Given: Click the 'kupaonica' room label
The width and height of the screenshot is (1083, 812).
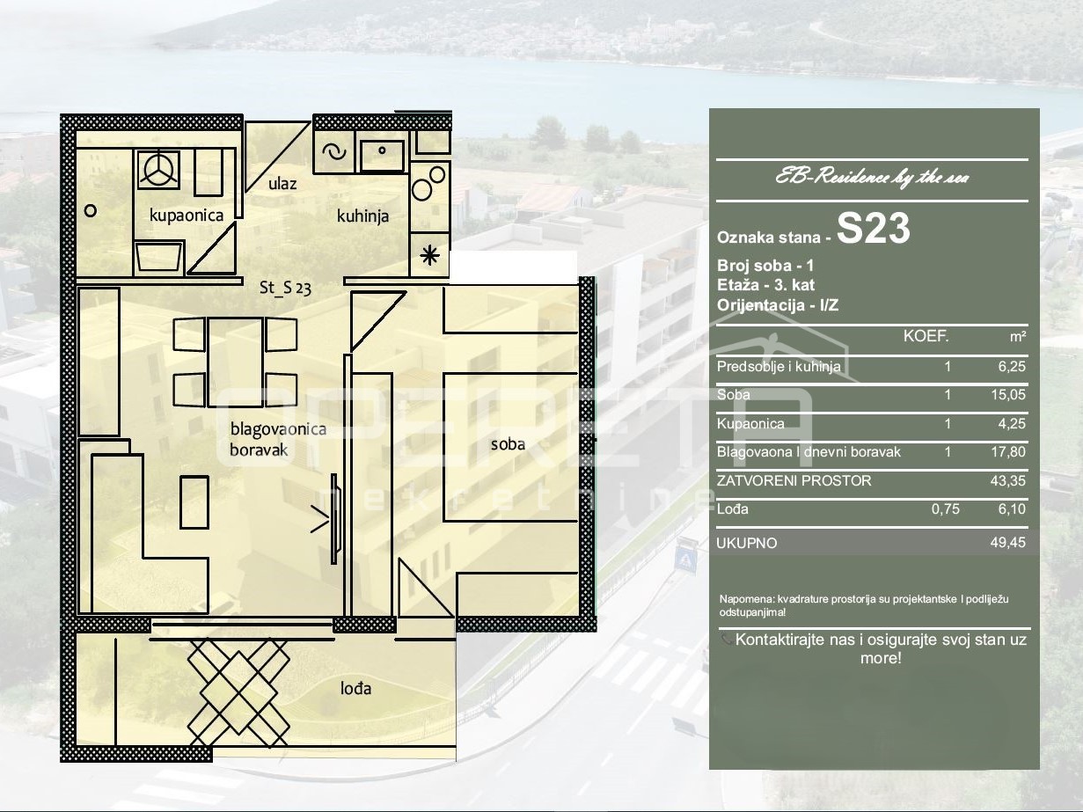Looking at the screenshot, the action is click(187, 216).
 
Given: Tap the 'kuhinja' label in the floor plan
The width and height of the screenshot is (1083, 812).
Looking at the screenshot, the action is click(362, 216).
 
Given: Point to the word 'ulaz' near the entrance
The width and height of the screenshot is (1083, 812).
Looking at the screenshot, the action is click(282, 184).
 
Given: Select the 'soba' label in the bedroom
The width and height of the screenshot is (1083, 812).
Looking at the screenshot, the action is click(508, 444).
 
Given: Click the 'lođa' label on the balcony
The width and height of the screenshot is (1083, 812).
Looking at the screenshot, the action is click(355, 688).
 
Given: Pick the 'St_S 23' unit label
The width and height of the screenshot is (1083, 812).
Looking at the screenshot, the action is click(285, 288).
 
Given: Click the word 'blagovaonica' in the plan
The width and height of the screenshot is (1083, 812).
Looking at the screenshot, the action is click(278, 429).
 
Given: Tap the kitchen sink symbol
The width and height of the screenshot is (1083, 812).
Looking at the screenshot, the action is click(382, 155).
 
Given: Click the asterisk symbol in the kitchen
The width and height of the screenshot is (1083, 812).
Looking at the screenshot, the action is click(429, 255).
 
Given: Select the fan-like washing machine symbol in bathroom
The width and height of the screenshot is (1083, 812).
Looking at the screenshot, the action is click(158, 168).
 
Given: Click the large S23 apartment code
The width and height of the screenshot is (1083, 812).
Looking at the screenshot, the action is click(874, 229).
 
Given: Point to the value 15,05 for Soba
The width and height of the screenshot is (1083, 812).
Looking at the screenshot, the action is click(1008, 395).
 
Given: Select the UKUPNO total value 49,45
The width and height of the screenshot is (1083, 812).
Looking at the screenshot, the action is click(1008, 542).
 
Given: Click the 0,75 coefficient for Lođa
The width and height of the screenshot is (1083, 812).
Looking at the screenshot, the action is click(946, 509).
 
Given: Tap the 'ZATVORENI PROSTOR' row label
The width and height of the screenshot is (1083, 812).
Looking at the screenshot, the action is click(794, 480).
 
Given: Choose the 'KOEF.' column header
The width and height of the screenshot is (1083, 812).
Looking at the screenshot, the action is click(926, 336).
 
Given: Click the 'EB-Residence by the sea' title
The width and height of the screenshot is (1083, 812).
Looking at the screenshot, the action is click(873, 177).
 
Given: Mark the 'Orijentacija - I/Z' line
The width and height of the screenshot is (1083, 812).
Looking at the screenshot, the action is click(778, 305).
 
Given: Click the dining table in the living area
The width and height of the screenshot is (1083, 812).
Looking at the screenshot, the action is click(236, 362).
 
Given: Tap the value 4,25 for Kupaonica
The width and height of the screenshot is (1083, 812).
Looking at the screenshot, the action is click(1012, 423).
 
